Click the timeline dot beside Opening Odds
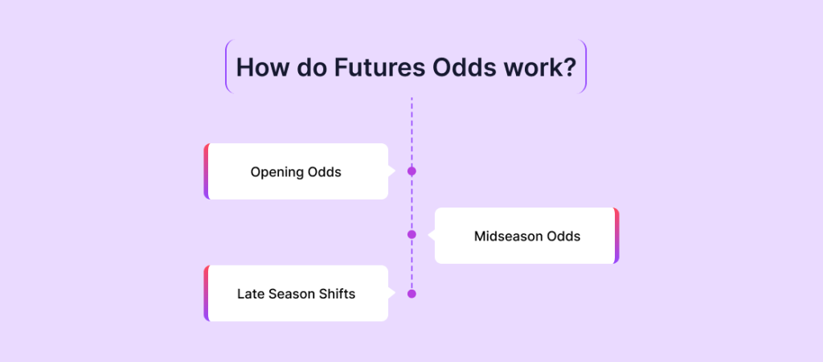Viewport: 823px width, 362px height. click(411, 171)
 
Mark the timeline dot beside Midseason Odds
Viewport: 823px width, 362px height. click(411, 234)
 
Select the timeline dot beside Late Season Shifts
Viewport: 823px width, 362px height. click(411, 294)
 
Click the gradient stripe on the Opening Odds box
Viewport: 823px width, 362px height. click(207, 171)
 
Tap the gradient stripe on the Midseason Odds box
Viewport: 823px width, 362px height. click(616, 236)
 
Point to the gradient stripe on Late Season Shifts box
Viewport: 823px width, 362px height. click(207, 293)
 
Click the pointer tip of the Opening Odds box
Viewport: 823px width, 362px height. click(395, 171)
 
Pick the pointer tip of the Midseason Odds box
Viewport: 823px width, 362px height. click(428, 236)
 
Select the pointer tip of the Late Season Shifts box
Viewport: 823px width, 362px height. click(395, 293)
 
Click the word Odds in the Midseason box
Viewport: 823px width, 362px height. click(563, 237)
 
